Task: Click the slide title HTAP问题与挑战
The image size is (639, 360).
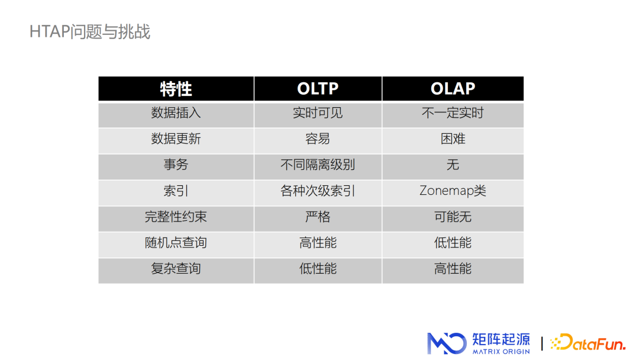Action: pyautogui.click(x=90, y=31)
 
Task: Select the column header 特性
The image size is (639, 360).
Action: pyautogui.click(x=176, y=89)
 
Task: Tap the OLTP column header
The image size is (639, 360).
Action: pyautogui.click(x=318, y=89)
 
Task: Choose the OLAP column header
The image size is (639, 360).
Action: pyautogui.click(x=453, y=89)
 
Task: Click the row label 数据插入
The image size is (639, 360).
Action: pyautogui.click(x=176, y=112)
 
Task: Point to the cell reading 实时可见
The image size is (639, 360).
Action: pyautogui.click(x=318, y=112)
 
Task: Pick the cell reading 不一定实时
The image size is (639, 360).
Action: pyautogui.click(x=453, y=112)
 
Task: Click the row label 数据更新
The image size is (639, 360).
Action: pyautogui.click(x=176, y=139)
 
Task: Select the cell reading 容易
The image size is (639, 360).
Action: pyautogui.click(x=318, y=139)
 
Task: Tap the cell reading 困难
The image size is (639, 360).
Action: pyautogui.click(x=453, y=139)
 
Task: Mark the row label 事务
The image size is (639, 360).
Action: pyautogui.click(x=176, y=165)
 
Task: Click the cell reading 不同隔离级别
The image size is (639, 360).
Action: pyautogui.click(x=318, y=165)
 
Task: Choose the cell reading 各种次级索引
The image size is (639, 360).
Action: pyautogui.click(x=318, y=191)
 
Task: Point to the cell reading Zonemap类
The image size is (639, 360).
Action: pyautogui.click(x=453, y=191)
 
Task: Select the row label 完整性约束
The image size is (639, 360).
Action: pyautogui.click(x=176, y=217)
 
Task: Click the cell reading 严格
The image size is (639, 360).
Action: pyautogui.click(x=318, y=217)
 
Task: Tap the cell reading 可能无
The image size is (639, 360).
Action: pyautogui.click(x=453, y=217)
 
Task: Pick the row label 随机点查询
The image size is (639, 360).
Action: pyautogui.click(x=176, y=243)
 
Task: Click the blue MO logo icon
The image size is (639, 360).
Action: pyautogui.click(x=447, y=343)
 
